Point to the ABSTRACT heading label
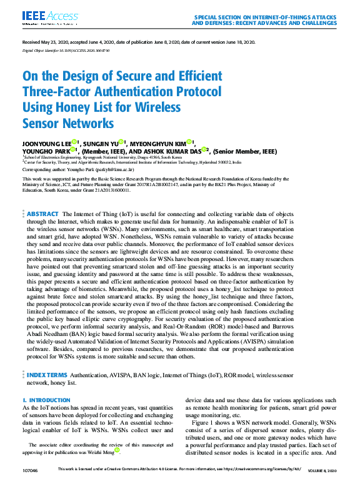click(x=42, y=214)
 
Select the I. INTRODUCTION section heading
click(x=46, y=399)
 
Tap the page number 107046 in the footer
click(x=31, y=469)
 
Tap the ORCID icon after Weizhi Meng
click(x=116, y=450)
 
